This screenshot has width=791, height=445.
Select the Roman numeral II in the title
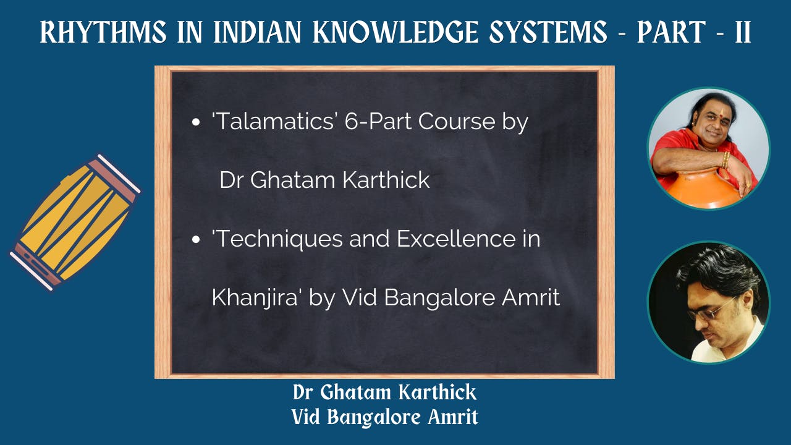(742, 33)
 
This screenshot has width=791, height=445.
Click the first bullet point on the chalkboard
(196, 122)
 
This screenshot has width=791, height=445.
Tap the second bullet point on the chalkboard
(196, 240)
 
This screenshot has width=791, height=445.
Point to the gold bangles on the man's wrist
(725, 160)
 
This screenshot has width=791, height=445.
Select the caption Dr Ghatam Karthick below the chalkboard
(384, 392)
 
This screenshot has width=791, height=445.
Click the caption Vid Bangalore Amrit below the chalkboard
(384, 417)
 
